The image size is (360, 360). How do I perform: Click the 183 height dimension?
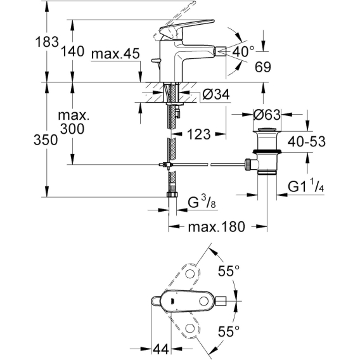click(47, 42)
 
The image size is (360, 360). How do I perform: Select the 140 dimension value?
click(72, 51)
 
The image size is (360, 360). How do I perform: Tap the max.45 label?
click(115, 54)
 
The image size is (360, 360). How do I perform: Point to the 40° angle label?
click(243, 51)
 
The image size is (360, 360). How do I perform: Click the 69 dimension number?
click(263, 67)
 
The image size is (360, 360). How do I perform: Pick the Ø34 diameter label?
click(216, 94)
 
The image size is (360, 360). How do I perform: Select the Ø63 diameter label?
click(267, 114)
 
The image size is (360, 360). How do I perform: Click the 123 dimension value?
click(199, 134)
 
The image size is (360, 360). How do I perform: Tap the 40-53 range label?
click(307, 141)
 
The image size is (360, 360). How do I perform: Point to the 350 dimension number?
click(46, 140)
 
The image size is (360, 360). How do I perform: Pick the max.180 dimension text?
click(217, 227)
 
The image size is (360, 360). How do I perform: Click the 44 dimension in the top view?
click(161, 349)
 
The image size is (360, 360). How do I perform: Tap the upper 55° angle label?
click(229, 271)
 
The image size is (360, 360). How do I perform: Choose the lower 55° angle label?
click(229, 331)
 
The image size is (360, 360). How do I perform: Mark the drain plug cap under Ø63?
click(267, 130)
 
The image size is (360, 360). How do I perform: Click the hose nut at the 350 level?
click(172, 195)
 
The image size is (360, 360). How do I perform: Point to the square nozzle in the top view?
click(222, 301)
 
